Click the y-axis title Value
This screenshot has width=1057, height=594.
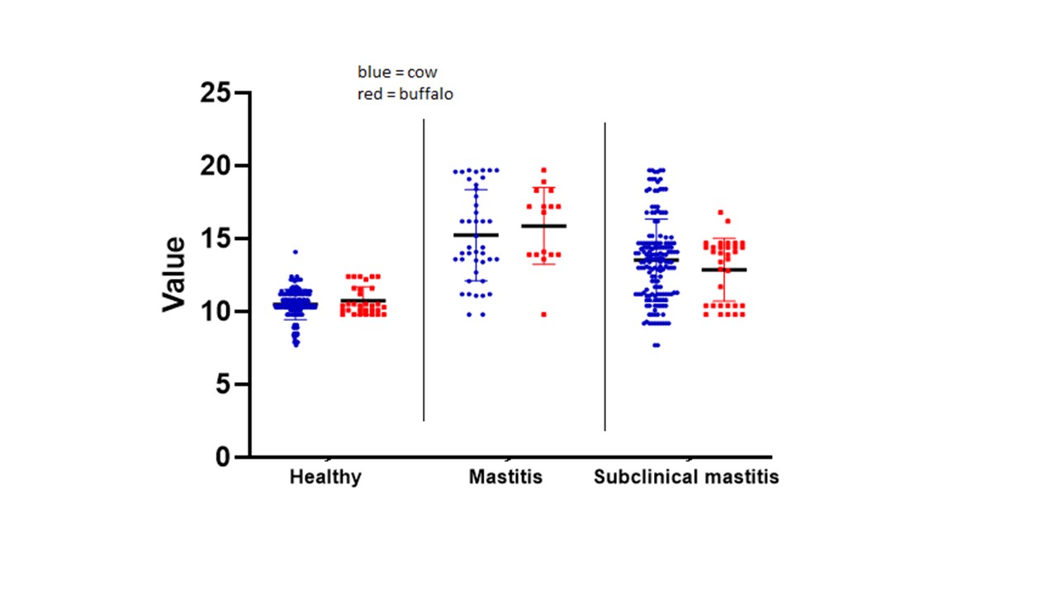(174, 275)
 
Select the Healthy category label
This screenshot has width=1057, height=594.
(325, 478)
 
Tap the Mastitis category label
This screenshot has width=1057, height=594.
(505, 478)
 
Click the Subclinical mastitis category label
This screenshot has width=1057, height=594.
(686, 478)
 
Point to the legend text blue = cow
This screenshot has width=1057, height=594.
(397, 73)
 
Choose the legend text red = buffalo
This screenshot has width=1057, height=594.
(405, 94)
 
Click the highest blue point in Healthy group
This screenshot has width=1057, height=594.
(296, 252)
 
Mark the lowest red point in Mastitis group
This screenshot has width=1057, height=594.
(543, 314)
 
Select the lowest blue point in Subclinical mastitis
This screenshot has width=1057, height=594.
(656, 345)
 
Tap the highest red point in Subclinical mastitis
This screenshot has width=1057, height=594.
(720, 213)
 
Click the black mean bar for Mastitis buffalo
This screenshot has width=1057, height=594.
(543, 226)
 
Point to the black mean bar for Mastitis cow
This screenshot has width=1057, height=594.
(476, 235)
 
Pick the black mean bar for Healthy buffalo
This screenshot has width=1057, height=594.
(363, 301)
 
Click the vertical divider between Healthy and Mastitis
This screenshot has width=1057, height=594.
(424, 272)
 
